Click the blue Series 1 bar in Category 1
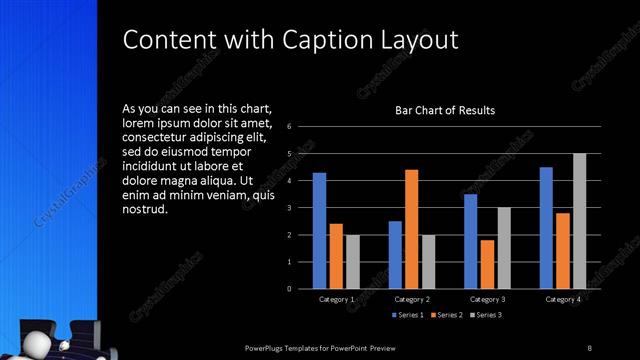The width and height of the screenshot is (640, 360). pos(319,230)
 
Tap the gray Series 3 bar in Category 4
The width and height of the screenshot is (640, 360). pos(579,221)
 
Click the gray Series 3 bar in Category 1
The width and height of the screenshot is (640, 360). pos(352,261)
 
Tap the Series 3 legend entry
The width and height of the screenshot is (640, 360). pos(485,315)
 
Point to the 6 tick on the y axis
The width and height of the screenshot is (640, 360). pos(289,127)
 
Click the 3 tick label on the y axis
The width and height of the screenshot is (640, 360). pos(289,208)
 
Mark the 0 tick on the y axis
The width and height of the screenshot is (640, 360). pos(289,289)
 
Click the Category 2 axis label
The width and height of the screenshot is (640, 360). pos(412,299)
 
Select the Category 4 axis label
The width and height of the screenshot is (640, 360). pos(562,299)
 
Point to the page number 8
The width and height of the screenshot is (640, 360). pos(589,347)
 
